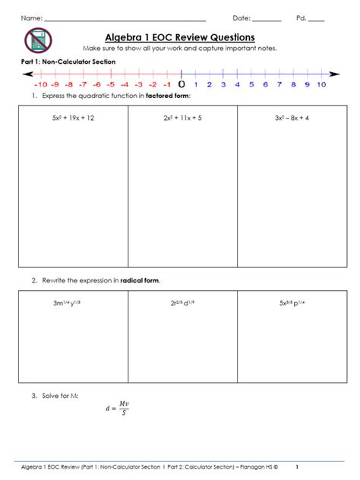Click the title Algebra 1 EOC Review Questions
pyautogui.click(x=179, y=37)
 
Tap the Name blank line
pyautogui.click(x=125, y=18)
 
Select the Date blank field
pyautogui.click(x=266, y=18)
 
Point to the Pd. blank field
pyautogui.click(x=316, y=18)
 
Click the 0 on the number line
pyautogui.click(x=181, y=84)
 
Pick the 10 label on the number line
pyautogui.click(x=321, y=85)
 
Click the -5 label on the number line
pyautogui.click(x=110, y=85)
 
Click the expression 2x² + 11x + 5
pyautogui.click(x=182, y=118)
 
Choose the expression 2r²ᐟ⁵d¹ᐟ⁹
pyautogui.click(x=182, y=303)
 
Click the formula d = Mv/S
pyautogui.click(x=117, y=409)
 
